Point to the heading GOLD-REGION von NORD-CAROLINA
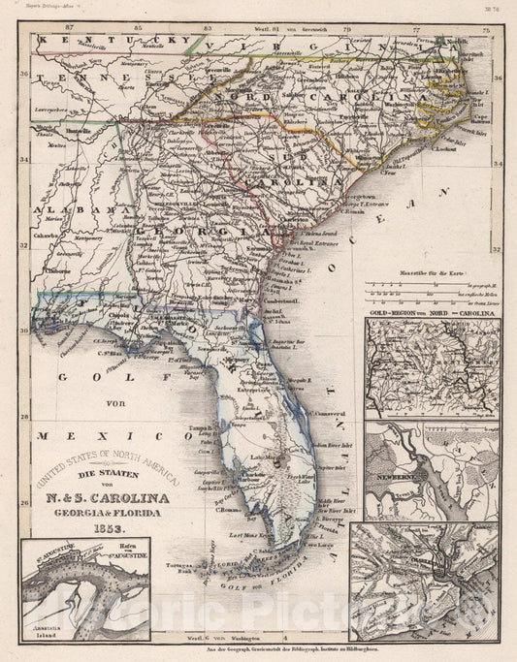point(431,314)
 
